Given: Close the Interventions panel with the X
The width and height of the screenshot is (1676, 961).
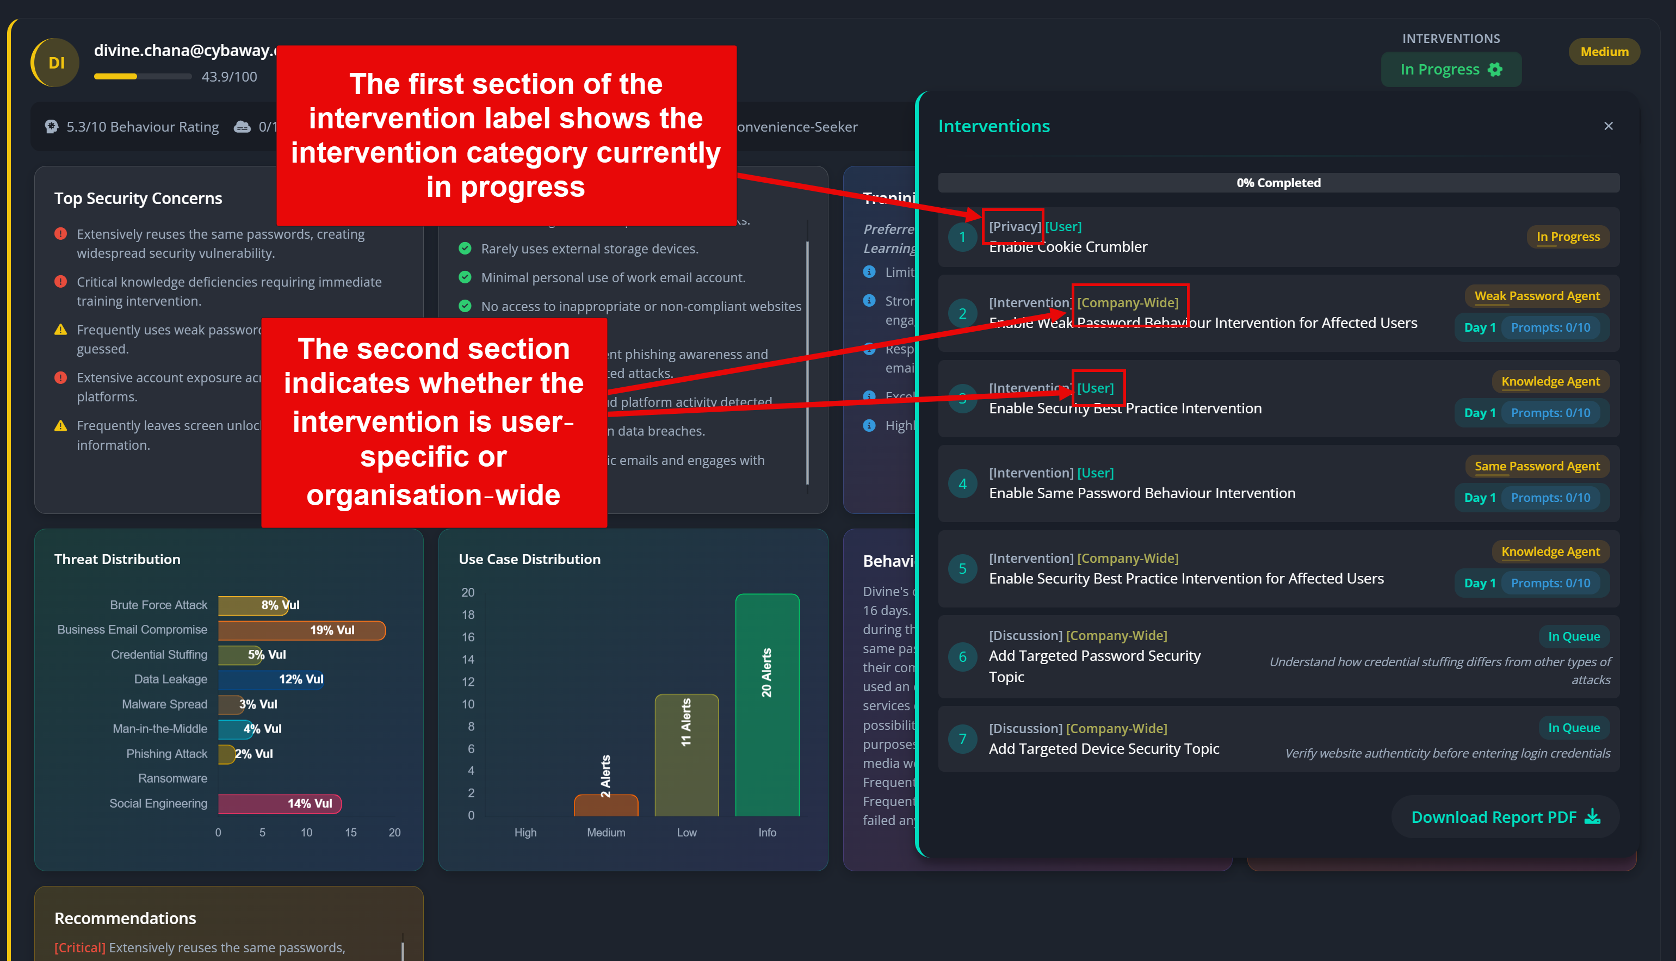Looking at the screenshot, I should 1608,126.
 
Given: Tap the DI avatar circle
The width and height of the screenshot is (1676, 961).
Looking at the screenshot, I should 55,63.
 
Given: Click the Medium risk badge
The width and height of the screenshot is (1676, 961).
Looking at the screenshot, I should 1604,52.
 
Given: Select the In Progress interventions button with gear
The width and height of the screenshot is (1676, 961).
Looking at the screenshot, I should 1450,69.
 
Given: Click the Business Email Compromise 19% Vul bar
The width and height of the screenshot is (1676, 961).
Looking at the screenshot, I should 302,630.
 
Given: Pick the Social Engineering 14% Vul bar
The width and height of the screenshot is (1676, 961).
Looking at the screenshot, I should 279,803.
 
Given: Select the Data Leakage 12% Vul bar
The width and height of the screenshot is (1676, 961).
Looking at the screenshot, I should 271,679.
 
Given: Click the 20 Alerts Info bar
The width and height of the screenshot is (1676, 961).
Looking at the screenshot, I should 766,705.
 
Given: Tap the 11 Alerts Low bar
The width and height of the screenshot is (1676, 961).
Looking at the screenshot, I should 686,754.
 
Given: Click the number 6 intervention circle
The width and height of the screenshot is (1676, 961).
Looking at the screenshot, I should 962,657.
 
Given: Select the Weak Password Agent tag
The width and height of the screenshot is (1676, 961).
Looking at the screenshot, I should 1537,296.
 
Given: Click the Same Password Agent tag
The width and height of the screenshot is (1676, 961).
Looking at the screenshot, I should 1537,466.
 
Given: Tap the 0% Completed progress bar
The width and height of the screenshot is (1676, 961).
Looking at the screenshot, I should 1278,183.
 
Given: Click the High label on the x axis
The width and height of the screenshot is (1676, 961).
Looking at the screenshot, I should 525,832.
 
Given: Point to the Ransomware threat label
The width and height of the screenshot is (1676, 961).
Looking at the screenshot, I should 172,778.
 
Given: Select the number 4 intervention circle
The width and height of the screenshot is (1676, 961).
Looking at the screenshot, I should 962,484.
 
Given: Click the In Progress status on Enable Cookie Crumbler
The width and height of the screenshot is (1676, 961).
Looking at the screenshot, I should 1567,236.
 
